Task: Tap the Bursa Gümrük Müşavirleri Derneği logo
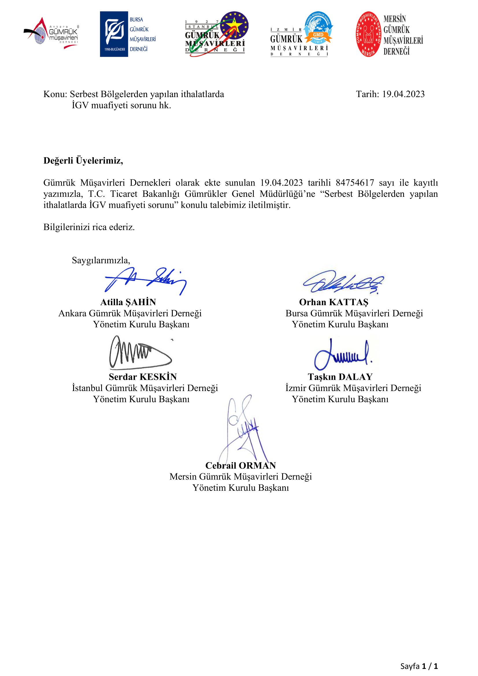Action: [x=127, y=34]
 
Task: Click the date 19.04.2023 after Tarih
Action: [x=403, y=94]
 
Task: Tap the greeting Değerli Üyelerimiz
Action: [x=83, y=161]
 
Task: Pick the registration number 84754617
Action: [x=355, y=183]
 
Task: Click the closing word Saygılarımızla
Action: [x=101, y=260]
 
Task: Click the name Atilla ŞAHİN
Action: [x=128, y=302]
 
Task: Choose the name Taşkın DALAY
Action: [x=340, y=377]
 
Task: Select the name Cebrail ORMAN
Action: [x=240, y=466]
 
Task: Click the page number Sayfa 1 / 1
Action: [x=419, y=666]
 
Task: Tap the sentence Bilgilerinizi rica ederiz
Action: [x=89, y=227]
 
